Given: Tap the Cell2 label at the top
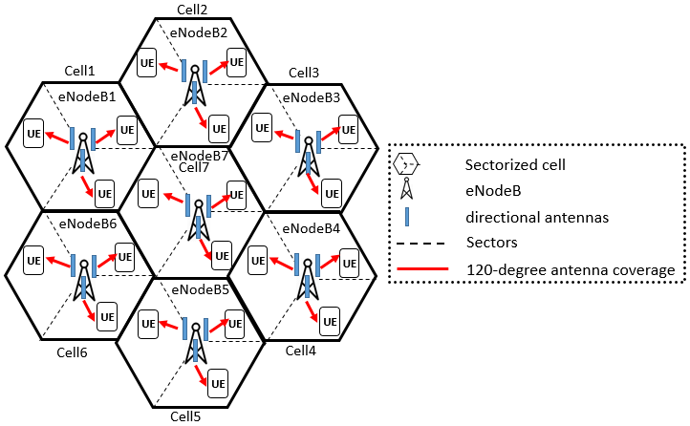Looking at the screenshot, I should tap(193, 9).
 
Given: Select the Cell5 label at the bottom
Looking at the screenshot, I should tap(186, 416).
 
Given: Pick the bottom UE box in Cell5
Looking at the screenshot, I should tap(218, 384).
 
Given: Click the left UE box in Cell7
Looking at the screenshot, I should tap(147, 194).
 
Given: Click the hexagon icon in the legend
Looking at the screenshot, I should tap(407, 163).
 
